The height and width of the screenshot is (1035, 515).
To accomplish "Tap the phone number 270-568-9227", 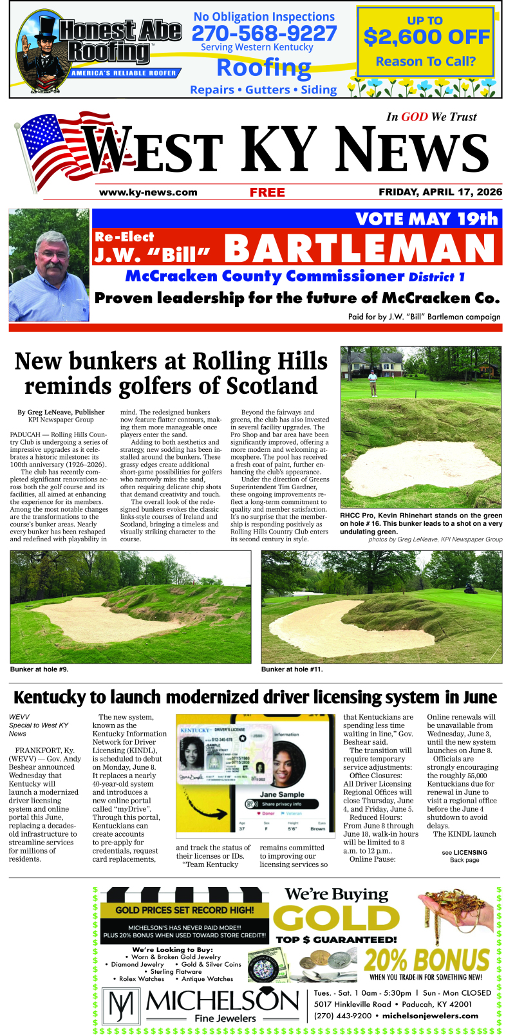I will click(265, 33).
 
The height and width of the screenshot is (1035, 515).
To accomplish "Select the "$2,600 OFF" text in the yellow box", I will click(426, 37).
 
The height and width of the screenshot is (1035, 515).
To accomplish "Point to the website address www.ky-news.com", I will click(148, 192).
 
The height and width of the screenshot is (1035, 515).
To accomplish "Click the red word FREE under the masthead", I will click(267, 192).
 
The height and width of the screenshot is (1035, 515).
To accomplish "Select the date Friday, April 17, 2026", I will click(440, 192).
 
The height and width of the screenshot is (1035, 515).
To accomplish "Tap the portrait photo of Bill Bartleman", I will click(49, 265).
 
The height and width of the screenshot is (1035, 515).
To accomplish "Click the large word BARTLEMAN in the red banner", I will click(359, 248).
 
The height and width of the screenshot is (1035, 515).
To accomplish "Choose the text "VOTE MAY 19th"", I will click(427, 219).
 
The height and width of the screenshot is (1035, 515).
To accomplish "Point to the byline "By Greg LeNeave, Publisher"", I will click(61, 412).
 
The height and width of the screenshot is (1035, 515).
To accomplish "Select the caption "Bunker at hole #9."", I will click(39, 669).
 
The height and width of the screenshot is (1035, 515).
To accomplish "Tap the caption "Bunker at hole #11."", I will click(292, 669).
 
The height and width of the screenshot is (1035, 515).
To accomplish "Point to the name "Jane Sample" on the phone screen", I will click(282, 794).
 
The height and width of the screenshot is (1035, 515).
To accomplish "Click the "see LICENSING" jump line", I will click(464, 852).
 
